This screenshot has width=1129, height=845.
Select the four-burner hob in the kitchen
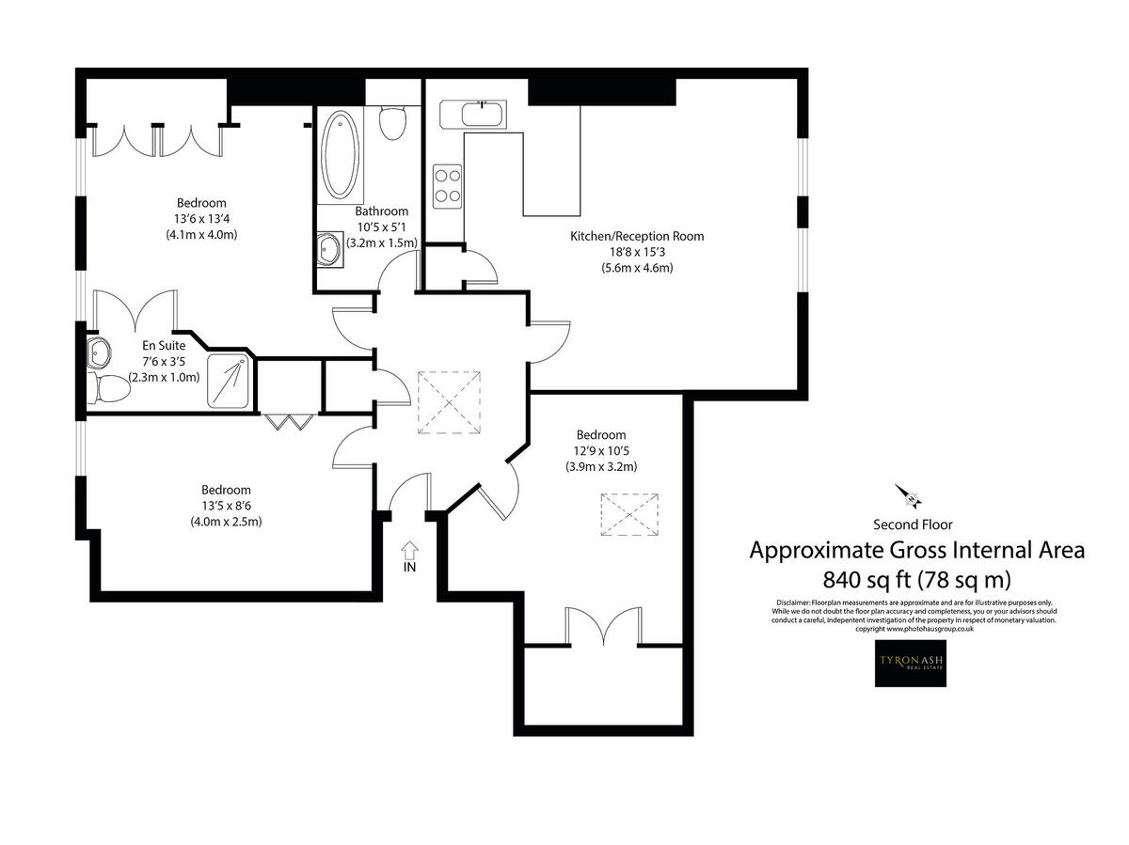[447, 185]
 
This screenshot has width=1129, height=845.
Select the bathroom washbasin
[328, 250]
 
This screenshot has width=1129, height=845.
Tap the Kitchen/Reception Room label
[637, 236]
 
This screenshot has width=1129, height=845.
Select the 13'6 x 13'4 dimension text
[201, 219]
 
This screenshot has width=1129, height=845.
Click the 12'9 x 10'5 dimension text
[600, 451]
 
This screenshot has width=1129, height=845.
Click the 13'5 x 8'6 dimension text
[226, 506]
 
